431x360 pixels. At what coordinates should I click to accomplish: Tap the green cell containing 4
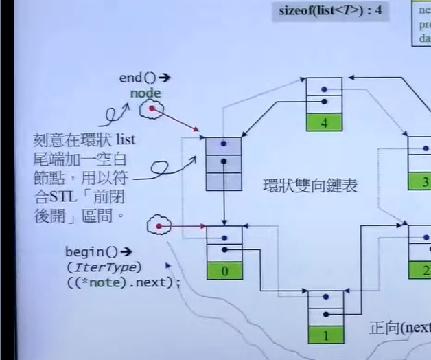point(323,124)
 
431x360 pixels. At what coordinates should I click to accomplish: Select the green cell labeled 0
point(224,271)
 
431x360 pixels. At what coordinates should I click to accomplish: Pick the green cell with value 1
point(325,337)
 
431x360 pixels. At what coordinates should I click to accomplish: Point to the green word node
point(145,93)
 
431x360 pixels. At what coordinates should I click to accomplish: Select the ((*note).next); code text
point(124,282)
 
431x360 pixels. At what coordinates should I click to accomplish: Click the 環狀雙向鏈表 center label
point(310,185)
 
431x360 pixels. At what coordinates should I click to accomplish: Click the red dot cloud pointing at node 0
point(160,225)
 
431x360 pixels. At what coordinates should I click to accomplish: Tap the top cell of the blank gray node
point(224,146)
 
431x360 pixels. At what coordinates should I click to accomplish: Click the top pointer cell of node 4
point(323,88)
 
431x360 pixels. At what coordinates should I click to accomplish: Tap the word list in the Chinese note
point(125,139)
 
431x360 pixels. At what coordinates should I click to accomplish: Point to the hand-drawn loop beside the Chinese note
point(164,168)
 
